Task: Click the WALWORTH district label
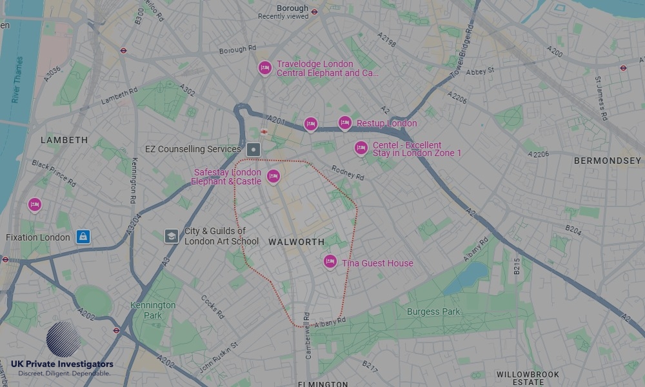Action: [296, 242]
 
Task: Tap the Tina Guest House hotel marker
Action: [330, 261]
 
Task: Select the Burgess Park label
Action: [433, 312]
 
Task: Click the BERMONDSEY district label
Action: [608, 161]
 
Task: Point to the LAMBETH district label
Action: [64, 140]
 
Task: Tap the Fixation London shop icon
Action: [83, 237]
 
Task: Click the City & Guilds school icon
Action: [171, 236]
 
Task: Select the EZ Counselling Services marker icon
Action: [254, 150]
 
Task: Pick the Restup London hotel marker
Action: [345, 123]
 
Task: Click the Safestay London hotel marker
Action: [273, 175]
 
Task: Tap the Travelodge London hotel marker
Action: [264, 68]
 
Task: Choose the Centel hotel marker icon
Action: [361, 148]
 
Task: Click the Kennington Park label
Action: [153, 310]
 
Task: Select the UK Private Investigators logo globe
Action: [63, 339]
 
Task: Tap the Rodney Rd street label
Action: [348, 172]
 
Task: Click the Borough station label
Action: [292, 9]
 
